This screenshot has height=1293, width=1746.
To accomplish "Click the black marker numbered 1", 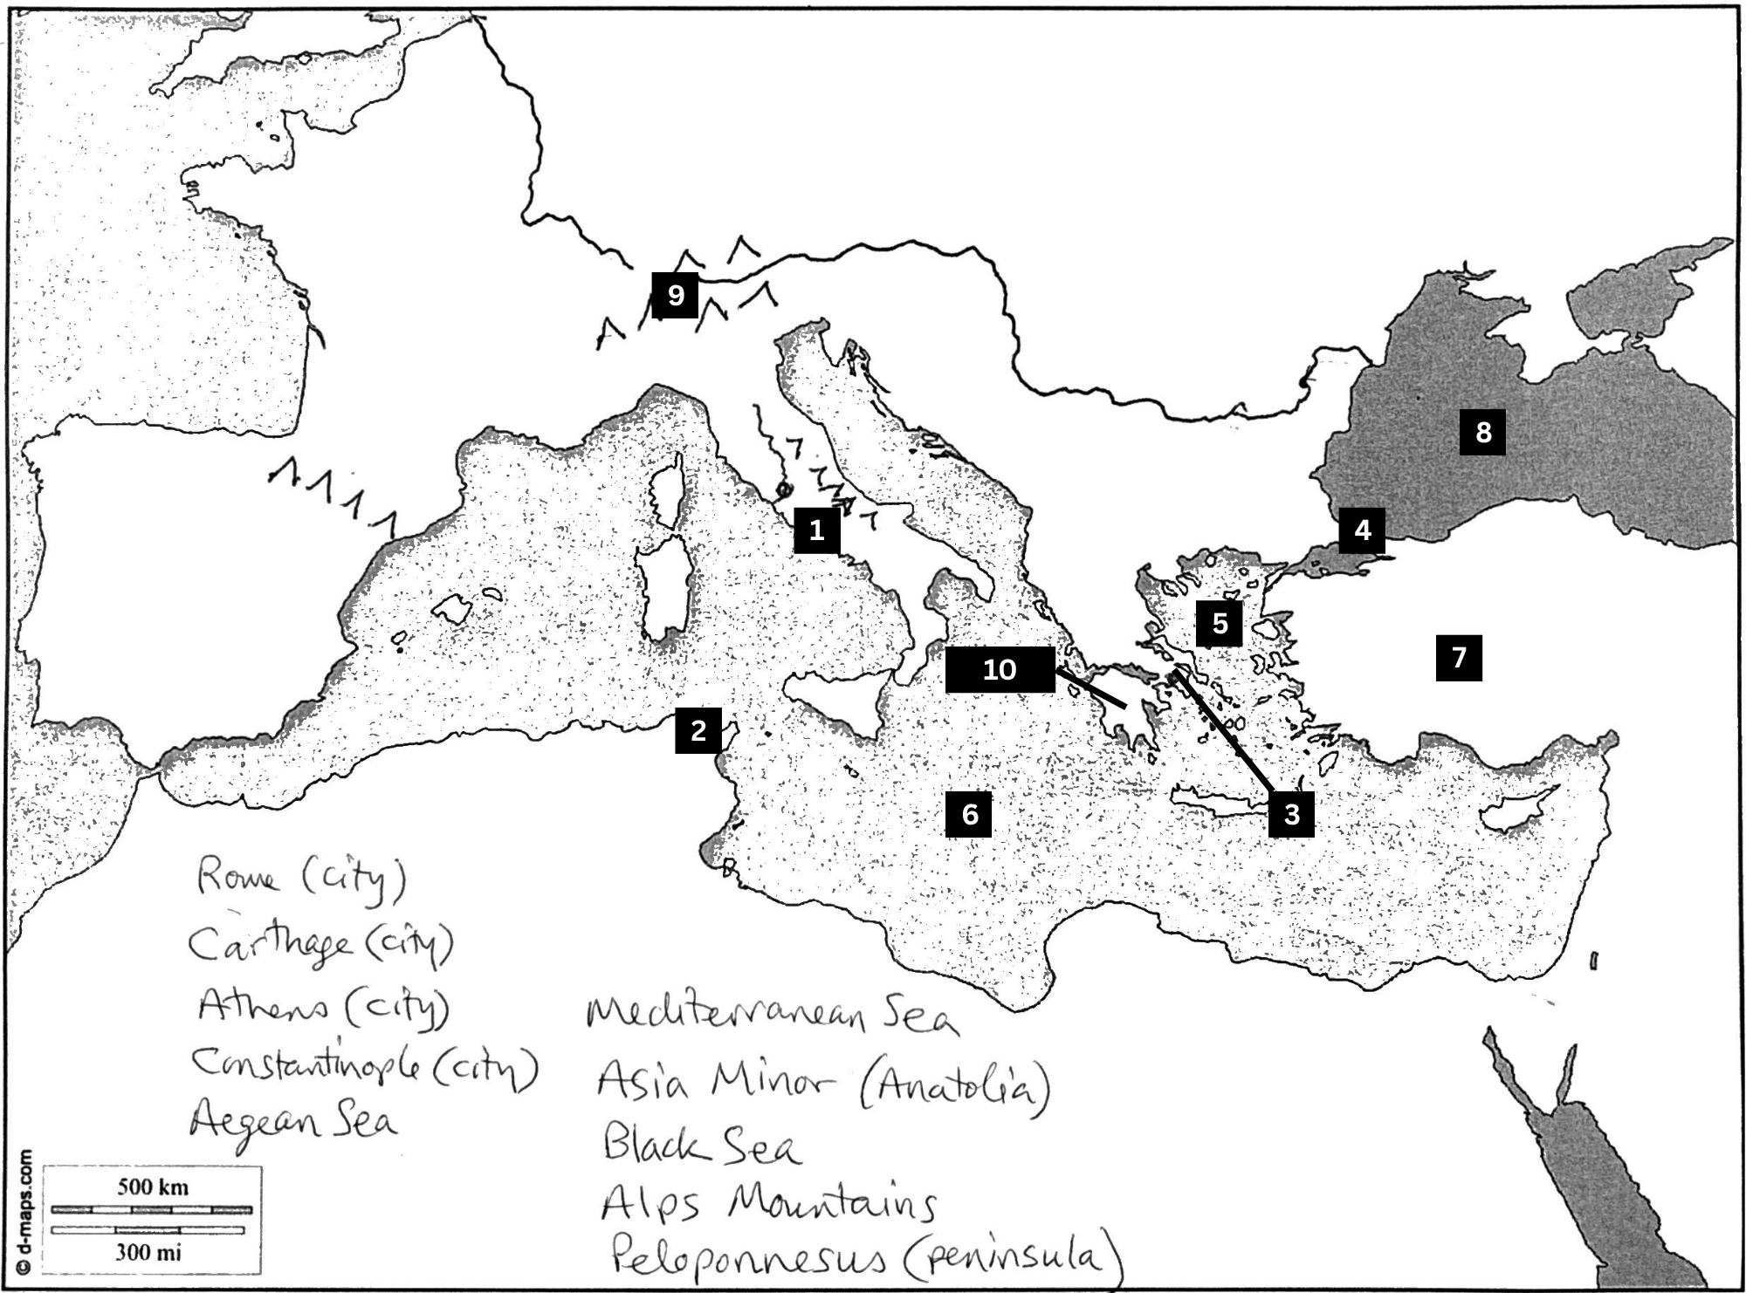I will click(x=816, y=530).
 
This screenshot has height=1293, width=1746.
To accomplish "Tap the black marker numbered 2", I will click(x=698, y=730).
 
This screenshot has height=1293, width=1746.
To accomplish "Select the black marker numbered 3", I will click(x=1291, y=814).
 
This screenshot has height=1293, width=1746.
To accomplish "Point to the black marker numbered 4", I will click(x=1362, y=530).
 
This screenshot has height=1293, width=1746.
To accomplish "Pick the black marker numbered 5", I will click(x=1220, y=624).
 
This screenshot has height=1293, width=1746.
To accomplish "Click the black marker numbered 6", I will click(x=969, y=814).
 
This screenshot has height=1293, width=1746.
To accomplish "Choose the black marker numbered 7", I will click(x=1459, y=657).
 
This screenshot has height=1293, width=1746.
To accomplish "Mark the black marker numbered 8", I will click(x=1483, y=432).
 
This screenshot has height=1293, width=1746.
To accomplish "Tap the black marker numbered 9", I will click(x=675, y=295).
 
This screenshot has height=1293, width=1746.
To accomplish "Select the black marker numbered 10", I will click(x=1000, y=669).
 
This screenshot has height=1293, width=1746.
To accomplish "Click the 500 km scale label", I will click(x=153, y=1187).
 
